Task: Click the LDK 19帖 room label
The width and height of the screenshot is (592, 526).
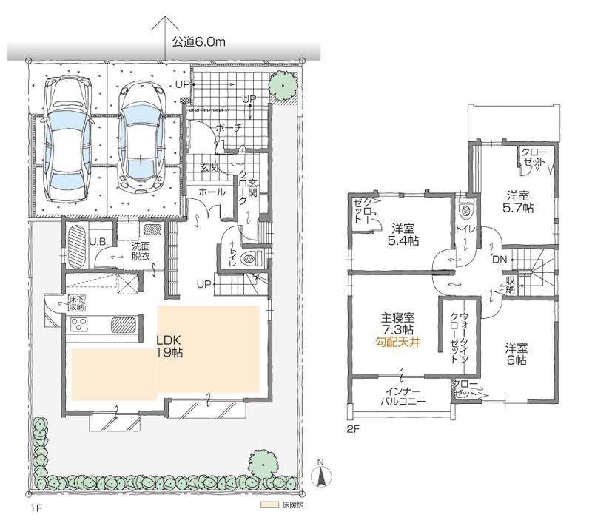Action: click(x=169, y=347)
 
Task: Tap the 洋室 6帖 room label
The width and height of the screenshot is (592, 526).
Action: click(x=517, y=354)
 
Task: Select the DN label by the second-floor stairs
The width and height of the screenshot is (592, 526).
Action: click(x=499, y=260)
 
